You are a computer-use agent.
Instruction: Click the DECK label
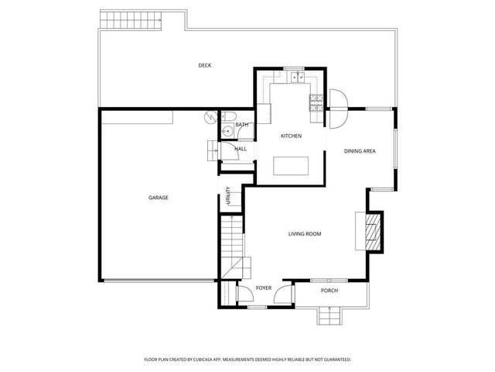point(204,65)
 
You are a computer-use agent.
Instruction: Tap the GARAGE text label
point(158,198)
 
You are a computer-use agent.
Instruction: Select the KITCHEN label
point(291,136)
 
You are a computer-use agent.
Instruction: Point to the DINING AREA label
point(360,150)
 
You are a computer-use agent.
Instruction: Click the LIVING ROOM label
point(305,233)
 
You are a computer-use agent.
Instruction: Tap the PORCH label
point(329,291)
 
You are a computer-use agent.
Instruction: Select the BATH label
point(242,125)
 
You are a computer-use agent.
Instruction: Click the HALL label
point(241,148)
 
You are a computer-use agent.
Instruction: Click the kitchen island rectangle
point(291,166)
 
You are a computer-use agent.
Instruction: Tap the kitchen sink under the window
point(294,78)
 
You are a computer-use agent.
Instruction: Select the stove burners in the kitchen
point(316,100)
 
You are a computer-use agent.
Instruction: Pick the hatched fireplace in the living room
point(374,232)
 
